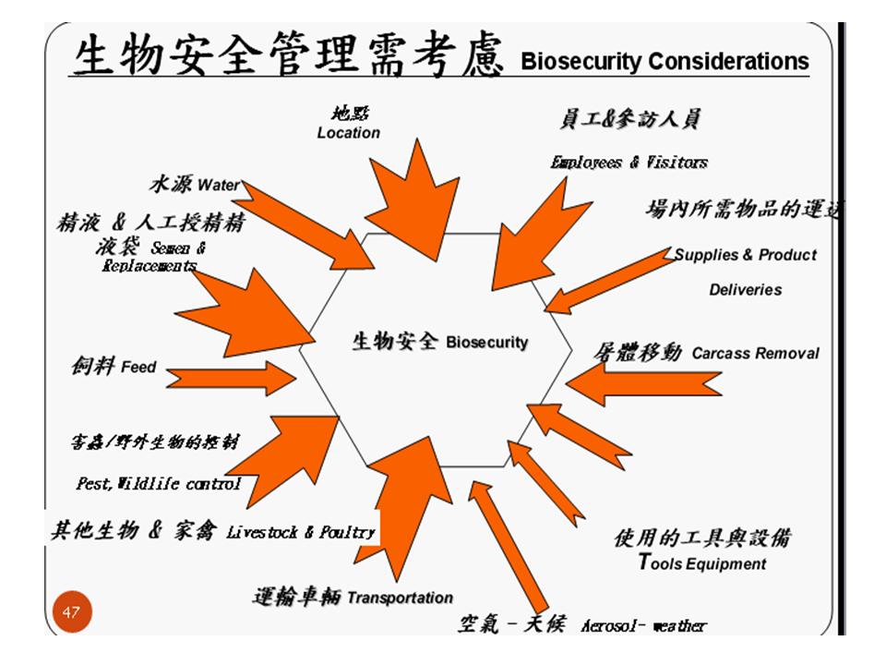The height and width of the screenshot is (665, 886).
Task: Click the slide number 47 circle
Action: pyautogui.click(x=70, y=612)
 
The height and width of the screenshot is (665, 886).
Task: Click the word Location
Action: pyautogui.click(x=348, y=133)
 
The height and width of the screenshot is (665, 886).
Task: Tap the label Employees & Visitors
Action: pyautogui.click(x=629, y=163)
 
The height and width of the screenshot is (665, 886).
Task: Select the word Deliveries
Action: pyautogui.click(x=745, y=290)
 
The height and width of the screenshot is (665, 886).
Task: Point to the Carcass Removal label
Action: pyautogui.click(x=755, y=354)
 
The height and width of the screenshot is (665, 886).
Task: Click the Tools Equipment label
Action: pyautogui.click(x=702, y=562)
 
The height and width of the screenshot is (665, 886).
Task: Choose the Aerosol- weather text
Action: pyautogui.click(x=643, y=626)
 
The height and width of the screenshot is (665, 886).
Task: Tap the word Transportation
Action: pyautogui.click(x=400, y=598)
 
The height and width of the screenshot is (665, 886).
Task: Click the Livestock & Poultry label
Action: pyautogui.click(x=301, y=532)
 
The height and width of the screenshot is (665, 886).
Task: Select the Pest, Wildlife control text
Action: pyautogui.click(x=158, y=483)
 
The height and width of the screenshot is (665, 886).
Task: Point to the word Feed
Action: pyautogui.click(x=138, y=368)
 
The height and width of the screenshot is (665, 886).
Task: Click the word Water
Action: pyautogui.click(x=218, y=185)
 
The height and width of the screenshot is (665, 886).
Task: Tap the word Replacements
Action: pyautogui.click(x=149, y=266)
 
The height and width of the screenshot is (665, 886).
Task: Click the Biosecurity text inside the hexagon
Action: pyautogui.click(x=487, y=343)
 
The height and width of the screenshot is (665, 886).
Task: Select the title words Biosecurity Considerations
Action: pyautogui.click(x=664, y=62)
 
